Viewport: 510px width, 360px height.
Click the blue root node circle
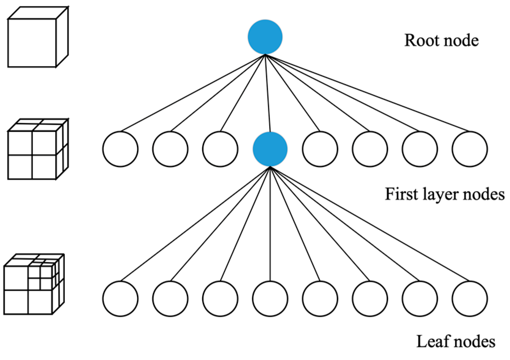pyautogui.click(x=265, y=37)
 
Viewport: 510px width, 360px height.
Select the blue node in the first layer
pyautogui.click(x=270, y=149)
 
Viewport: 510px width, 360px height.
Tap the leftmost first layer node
pyautogui.click(x=120, y=149)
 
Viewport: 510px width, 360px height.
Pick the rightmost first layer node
pyautogui.click(x=469, y=149)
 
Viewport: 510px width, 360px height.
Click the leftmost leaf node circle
pyautogui.click(x=120, y=298)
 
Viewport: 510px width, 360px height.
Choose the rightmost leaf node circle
pyautogui.click(x=469, y=298)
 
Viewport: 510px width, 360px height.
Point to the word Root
pyautogui.click(x=420, y=41)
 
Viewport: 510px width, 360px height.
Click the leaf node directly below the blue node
pyautogui.click(x=270, y=298)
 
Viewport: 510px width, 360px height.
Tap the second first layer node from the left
pyautogui.click(x=170, y=149)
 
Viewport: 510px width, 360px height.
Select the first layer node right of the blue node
pyautogui.click(x=320, y=149)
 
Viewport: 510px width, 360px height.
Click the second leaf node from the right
pyautogui.click(x=420, y=298)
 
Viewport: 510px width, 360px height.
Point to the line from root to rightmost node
pyautogui.click(x=367, y=93)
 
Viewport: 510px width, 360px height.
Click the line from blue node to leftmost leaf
pyautogui.click(x=195, y=224)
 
